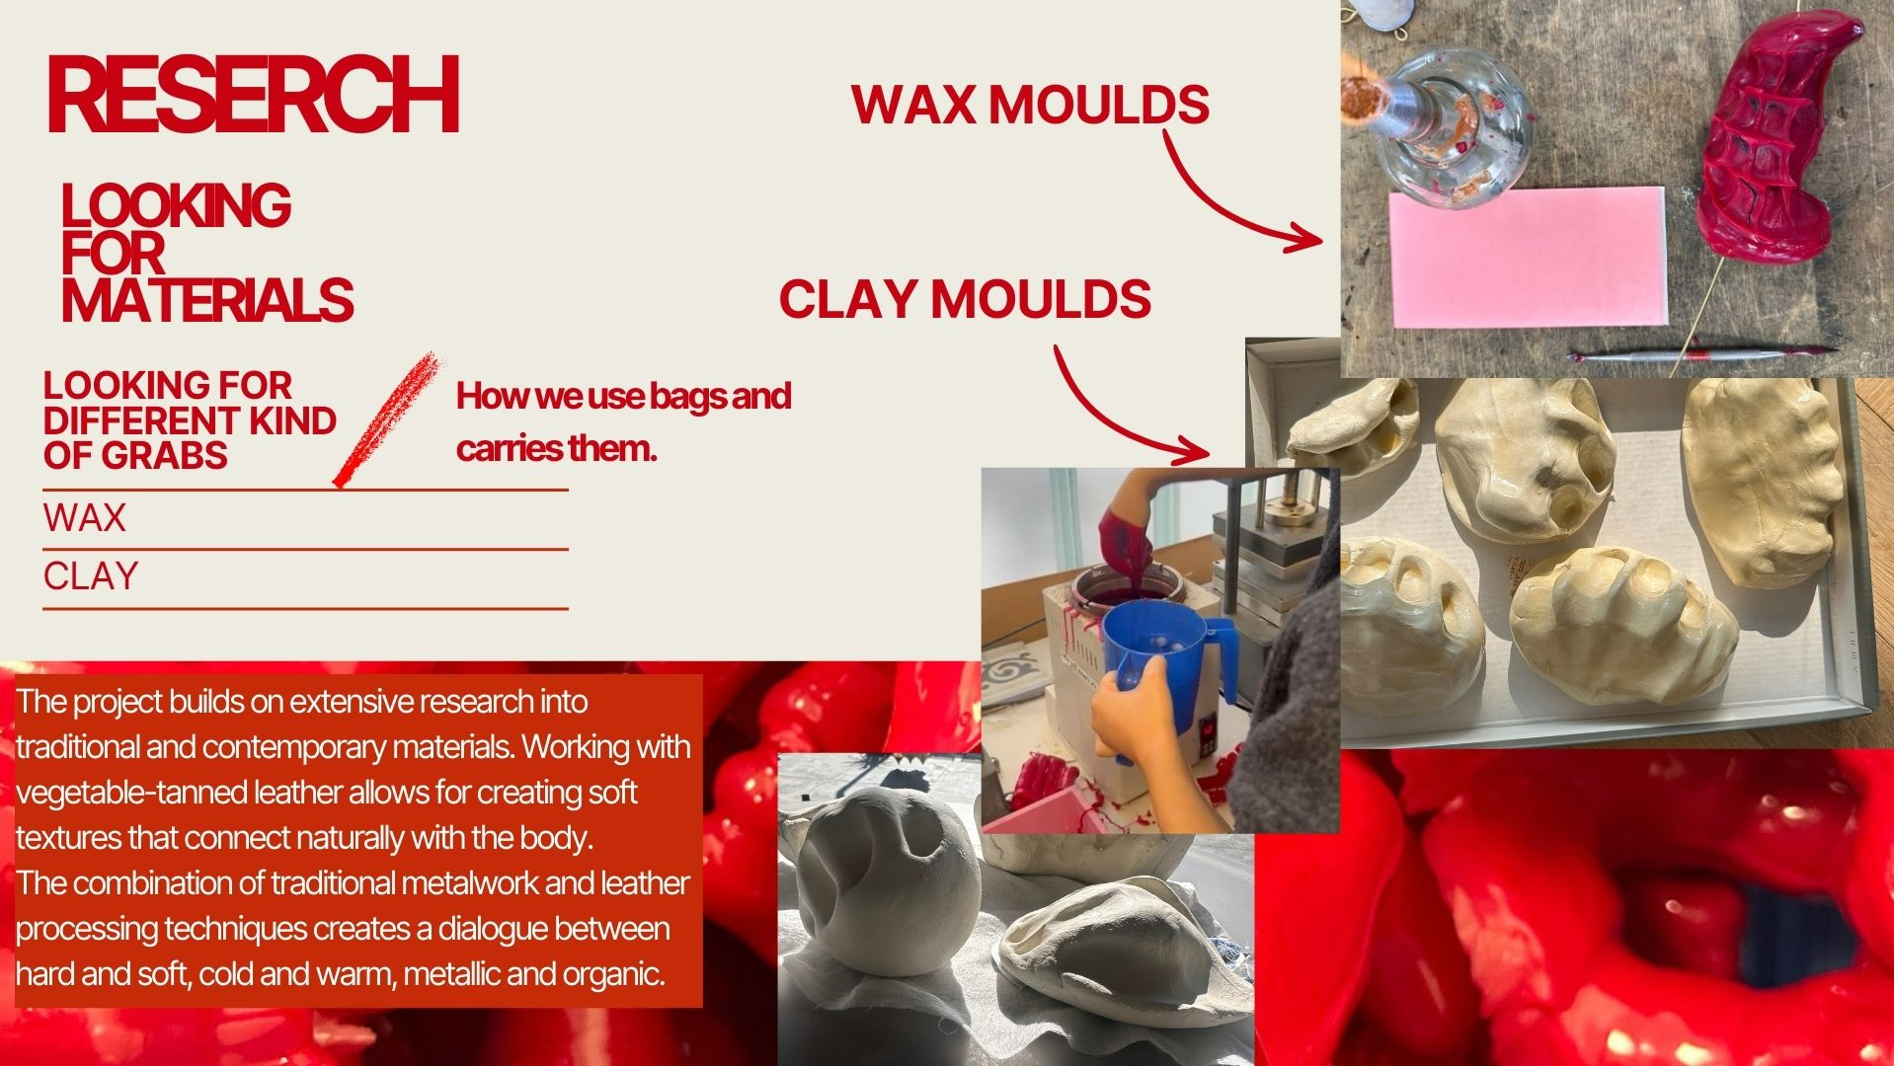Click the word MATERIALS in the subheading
click(207, 301)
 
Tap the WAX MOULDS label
click(1030, 105)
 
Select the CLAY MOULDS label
click(965, 299)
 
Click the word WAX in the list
click(85, 518)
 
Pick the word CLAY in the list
click(91, 576)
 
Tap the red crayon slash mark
click(386, 419)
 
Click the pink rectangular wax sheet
click(1528, 257)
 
